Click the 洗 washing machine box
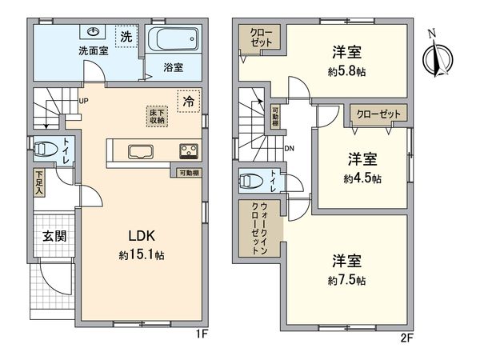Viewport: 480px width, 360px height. [126, 37]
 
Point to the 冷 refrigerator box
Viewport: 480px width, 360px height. [187, 102]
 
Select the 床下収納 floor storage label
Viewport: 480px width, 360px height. [156, 115]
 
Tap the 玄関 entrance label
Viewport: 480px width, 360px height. [53, 236]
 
